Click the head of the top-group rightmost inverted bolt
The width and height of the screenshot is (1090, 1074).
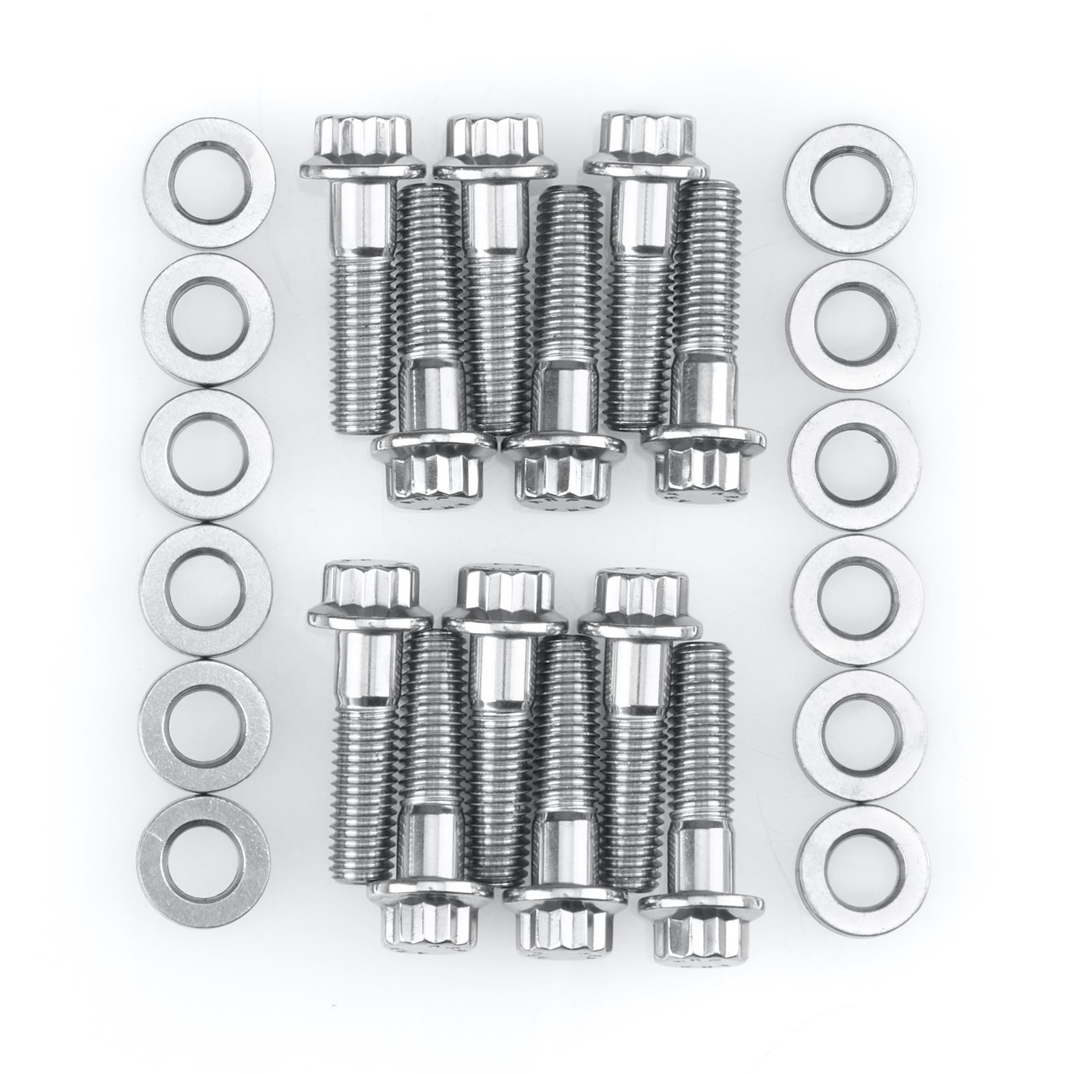702,470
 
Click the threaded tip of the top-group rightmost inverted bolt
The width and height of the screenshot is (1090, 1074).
708,198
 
